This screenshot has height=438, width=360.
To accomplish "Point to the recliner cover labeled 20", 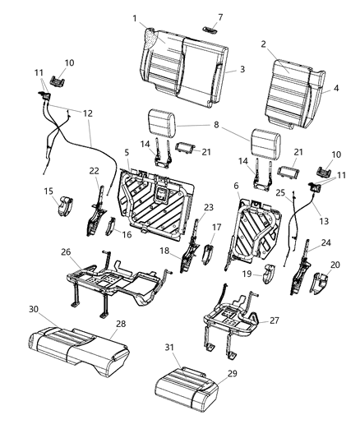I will tap(318, 283).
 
